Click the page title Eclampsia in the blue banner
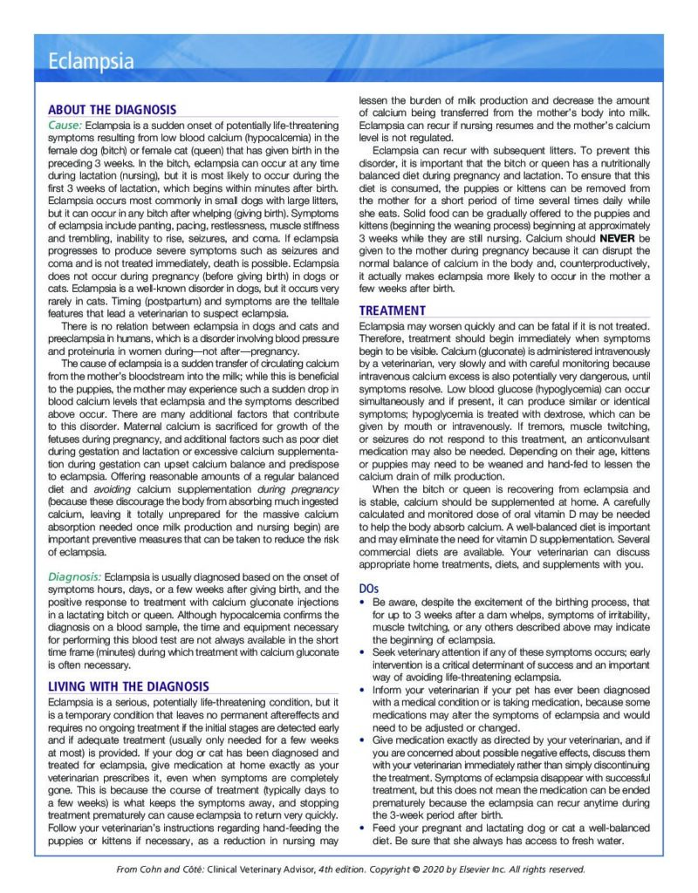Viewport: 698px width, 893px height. [92, 62]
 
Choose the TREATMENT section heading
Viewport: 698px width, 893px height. [393, 310]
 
